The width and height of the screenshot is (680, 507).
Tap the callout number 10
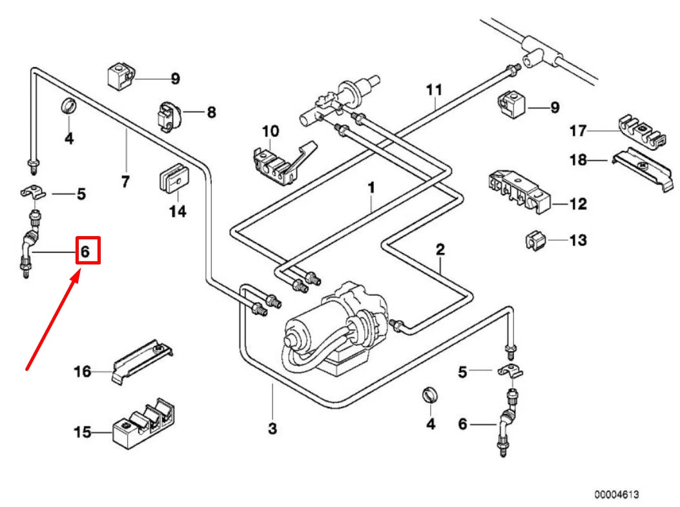point(270,131)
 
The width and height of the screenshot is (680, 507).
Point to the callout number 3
point(272,428)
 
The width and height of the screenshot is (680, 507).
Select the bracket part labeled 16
point(145,363)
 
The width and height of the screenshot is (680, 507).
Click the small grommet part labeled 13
point(533,241)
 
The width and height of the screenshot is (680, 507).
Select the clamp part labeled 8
point(169,115)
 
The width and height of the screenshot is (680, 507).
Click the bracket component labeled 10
point(282,161)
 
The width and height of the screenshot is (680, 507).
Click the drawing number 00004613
point(617,495)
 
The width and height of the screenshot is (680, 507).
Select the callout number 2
point(440,248)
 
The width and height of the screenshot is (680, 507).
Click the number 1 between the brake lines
point(371,188)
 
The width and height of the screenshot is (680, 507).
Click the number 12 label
point(578,204)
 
